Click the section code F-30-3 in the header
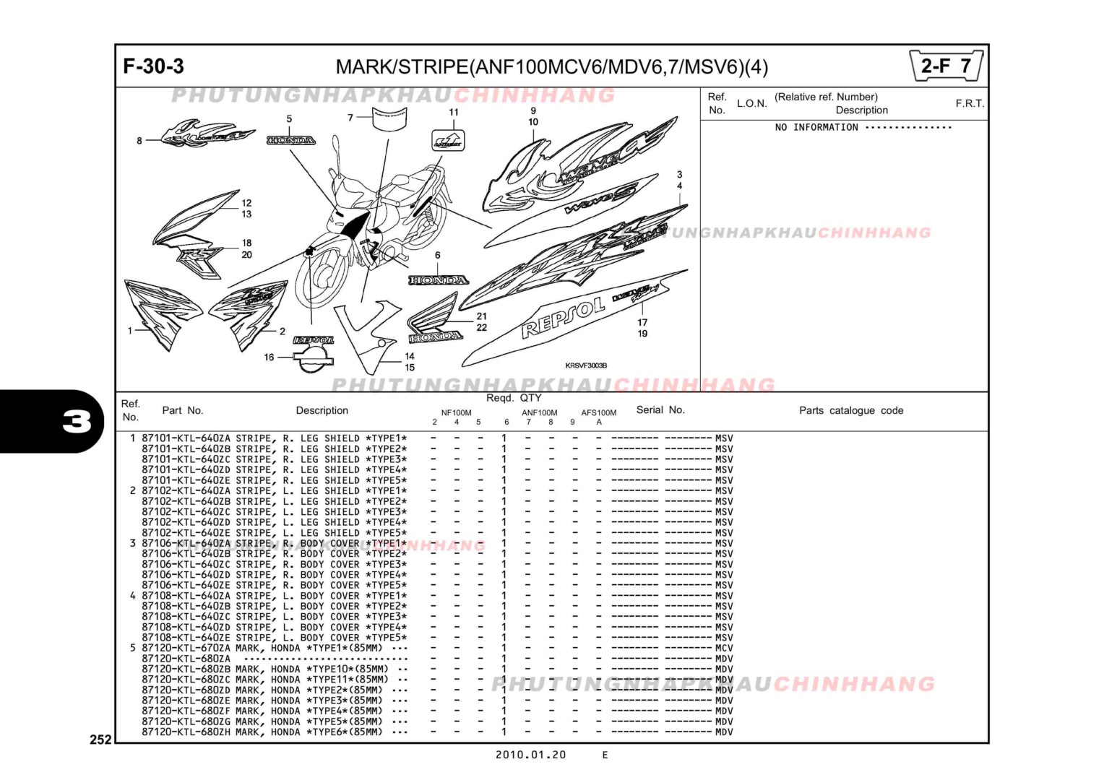[x=153, y=66]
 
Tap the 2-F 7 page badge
[x=946, y=66]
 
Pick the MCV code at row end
[x=724, y=648]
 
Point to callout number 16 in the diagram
[x=269, y=357]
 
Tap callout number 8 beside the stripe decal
[x=139, y=141]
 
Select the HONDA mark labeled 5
[x=290, y=140]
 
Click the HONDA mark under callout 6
[x=438, y=279]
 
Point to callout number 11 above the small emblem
[x=454, y=112]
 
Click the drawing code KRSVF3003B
[x=585, y=365]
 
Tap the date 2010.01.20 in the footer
[x=530, y=755]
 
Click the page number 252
[x=100, y=739]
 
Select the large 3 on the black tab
[x=77, y=421]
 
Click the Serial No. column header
[x=660, y=409]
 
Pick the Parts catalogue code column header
[x=850, y=410]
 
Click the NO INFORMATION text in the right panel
[x=816, y=127]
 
